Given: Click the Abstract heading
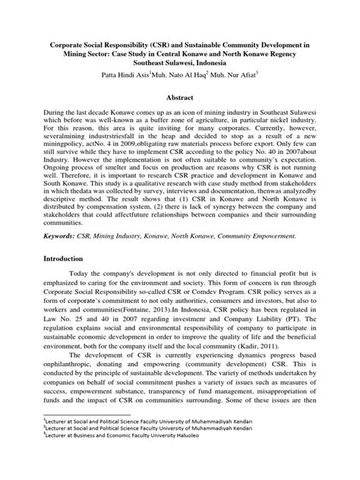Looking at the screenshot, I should point(179,99).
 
